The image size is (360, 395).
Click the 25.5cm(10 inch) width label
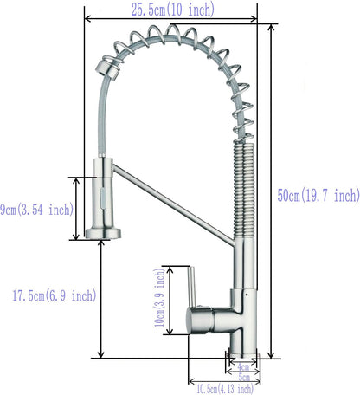(170, 10)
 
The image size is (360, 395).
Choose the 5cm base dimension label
(245, 378)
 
